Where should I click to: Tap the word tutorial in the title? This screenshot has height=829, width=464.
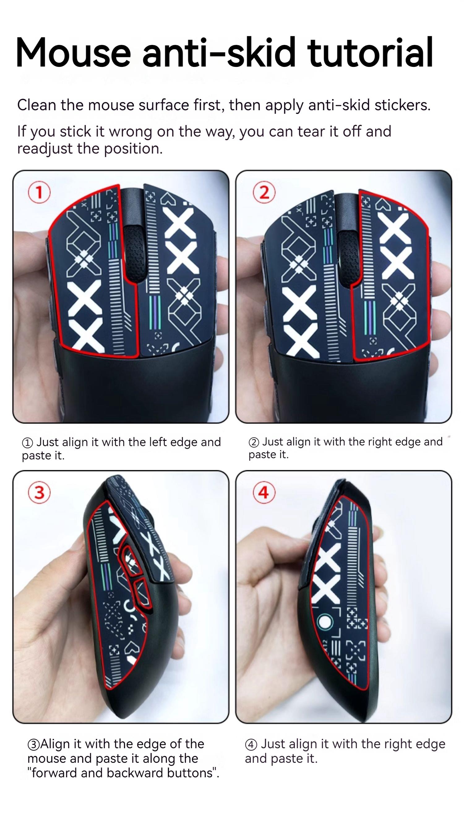370,52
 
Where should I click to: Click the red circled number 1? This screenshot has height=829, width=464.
39,192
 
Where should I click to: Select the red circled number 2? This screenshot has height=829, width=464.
264,192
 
